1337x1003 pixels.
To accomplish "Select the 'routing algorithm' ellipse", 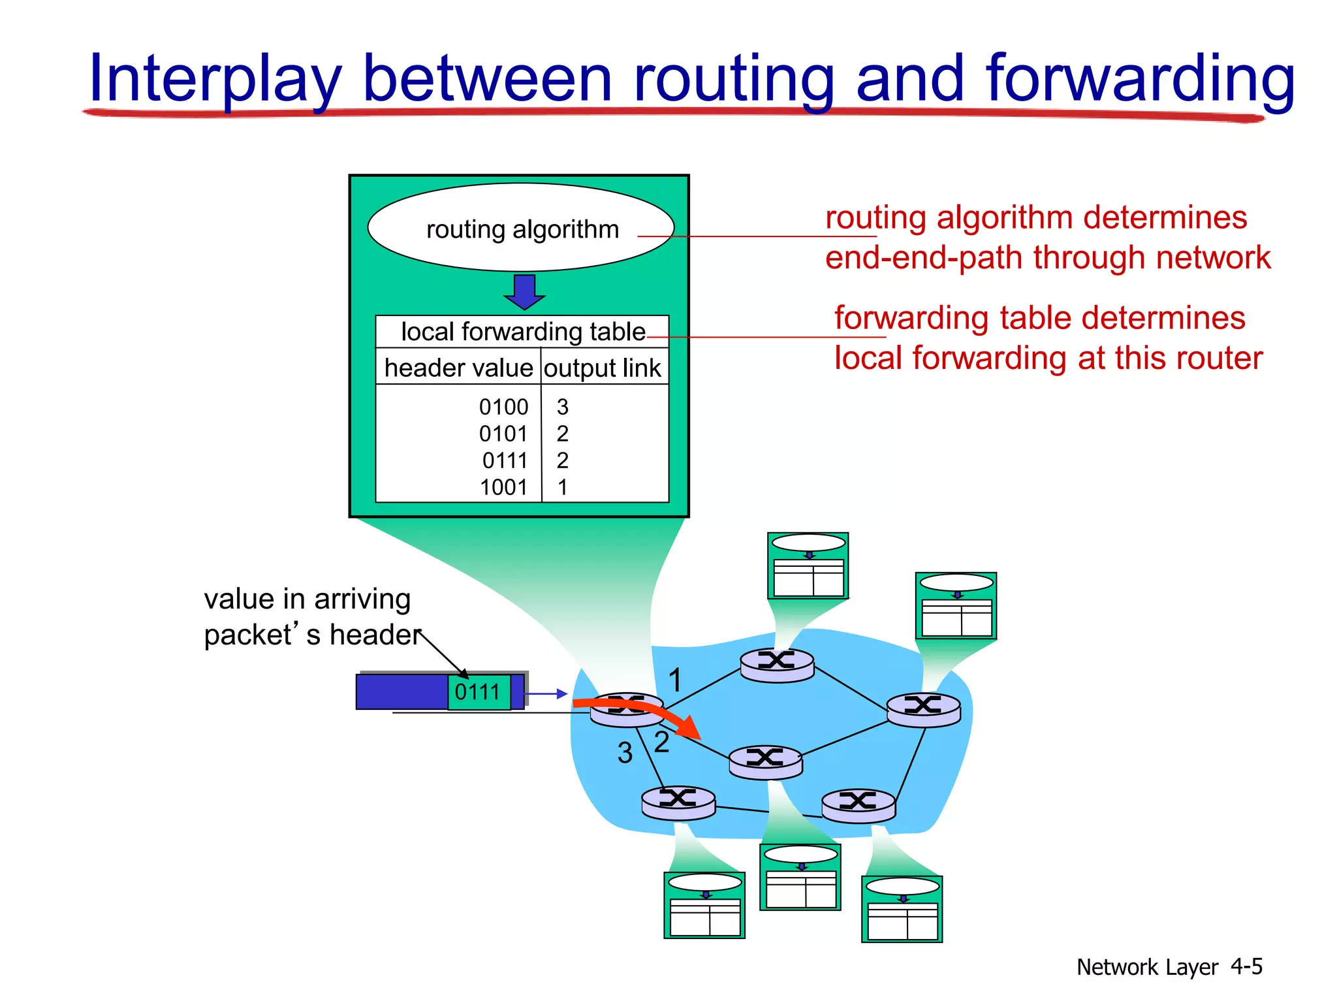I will pyautogui.click(x=521, y=228).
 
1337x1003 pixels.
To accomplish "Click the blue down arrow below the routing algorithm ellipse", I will pyautogui.click(x=524, y=291).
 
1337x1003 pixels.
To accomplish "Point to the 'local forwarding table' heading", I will pyautogui.click(x=522, y=332).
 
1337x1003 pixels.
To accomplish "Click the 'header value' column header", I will pyautogui.click(x=458, y=368).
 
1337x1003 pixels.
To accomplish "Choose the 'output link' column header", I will pyautogui.click(x=603, y=368).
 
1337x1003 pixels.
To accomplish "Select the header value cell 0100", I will pyautogui.click(x=503, y=407).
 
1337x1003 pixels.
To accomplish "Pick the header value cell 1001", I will pyautogui.click(x=503, y=487).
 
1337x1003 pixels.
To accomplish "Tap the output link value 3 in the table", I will pyautogui.click(x=562, y=407).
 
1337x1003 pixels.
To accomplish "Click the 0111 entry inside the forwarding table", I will pyautogui.click(x=504, y=460).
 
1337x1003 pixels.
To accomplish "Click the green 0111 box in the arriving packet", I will pyautogui.click(x=478, y=692).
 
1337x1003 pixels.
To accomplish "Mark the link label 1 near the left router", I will pyautogui.click(x=675, y=680).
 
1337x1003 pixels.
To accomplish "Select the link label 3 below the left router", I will pyautogui.click(x=625, y=752).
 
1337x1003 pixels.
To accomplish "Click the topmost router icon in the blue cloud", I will pyautogui.click(x=777, y=664).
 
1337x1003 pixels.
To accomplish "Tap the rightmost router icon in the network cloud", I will pyautogui.click(x=923, y=709).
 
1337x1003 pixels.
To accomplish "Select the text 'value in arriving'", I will pyautogui.click(x=307, y=599).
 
